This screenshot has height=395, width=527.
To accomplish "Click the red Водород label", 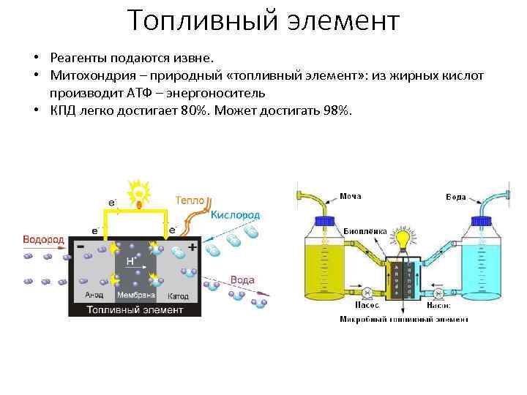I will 43,239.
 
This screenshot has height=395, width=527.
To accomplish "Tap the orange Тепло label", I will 190,200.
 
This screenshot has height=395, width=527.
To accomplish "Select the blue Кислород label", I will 235,215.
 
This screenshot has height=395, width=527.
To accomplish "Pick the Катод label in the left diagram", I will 178,296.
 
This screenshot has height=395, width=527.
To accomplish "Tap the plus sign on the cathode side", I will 192,247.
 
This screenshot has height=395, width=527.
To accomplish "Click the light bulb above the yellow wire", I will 137,194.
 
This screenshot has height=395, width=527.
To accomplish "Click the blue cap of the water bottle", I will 480,220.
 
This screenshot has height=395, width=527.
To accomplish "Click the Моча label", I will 350,196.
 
